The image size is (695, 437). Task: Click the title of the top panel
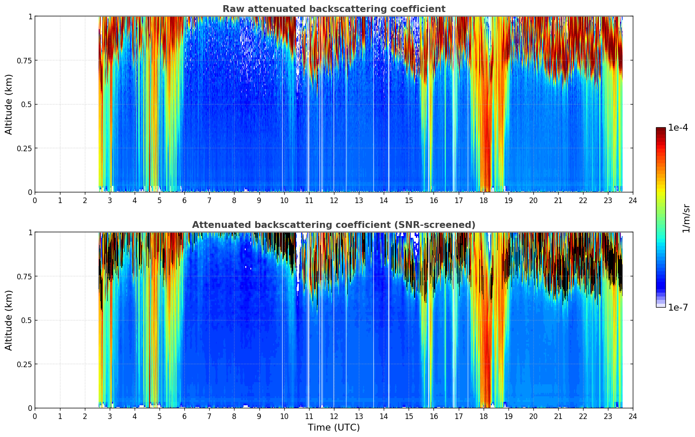point(334,9)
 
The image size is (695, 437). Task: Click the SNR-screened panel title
point(334,225)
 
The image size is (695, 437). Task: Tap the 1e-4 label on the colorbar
point(678,128)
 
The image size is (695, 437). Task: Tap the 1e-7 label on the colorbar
point(678,307)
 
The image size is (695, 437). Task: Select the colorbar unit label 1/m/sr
point(686,218)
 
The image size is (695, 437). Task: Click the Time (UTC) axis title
point(334,428)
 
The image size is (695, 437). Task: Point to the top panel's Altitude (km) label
point(9,104)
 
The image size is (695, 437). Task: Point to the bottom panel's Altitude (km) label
point(9,320)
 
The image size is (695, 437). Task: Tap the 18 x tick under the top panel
point(483,200)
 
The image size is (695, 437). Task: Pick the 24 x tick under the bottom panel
point(632,416)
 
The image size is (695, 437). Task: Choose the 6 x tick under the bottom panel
point(184,416)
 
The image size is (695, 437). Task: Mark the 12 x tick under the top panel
point(334,200)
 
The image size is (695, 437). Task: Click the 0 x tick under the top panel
point(35,200)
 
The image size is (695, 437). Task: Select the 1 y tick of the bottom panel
point(30,233)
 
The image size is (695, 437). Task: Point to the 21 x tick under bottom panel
point(558,416)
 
